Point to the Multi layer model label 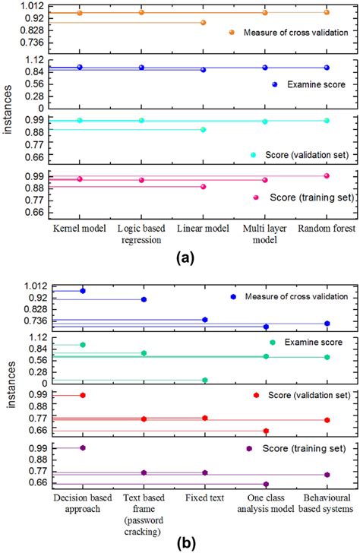[x=264, y=213]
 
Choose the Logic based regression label [x=141, y=213]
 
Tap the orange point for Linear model [x=203, y=22]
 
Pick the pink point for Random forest [x=327, y=175]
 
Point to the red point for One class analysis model [x=266, y=431]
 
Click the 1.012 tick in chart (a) [x=33, y=5]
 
